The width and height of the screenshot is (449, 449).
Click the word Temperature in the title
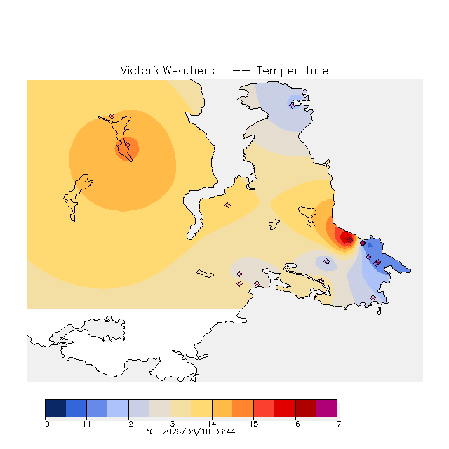click(292, 70)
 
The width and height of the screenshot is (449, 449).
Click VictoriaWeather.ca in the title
click(173, 70)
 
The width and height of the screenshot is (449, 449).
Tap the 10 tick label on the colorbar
click(45, 424)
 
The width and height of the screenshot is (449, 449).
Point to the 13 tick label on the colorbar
click(170, 424)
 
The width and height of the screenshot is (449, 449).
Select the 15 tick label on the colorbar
click(253, 424)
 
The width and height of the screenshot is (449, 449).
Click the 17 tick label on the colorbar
click(337, 424)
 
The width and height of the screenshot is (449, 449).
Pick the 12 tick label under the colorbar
click(128, 424)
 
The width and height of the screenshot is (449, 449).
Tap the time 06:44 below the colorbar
click(224, 432)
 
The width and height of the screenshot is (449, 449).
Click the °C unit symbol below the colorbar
click(151, 431)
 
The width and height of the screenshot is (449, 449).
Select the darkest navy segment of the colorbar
click(55, 408)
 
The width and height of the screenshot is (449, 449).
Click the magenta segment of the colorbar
click(326, 408)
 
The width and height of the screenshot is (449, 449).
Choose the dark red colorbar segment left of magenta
click(306, 408)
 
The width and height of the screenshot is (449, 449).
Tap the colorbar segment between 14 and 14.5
click(222, 408)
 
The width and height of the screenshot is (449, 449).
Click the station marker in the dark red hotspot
click(349, 240)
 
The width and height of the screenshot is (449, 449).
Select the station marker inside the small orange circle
click(128, 145)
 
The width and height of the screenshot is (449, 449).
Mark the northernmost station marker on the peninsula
click(292, 106)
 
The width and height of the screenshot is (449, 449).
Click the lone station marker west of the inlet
click(227, 205)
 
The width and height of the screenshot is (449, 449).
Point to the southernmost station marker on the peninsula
click(373, 297)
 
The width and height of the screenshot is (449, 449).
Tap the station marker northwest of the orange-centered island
click(112, 116)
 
